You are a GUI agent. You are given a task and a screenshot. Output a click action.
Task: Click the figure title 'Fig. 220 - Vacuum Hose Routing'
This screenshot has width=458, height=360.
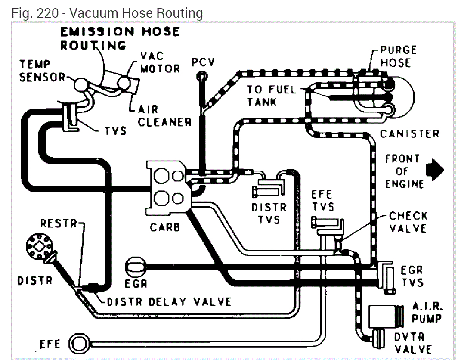point(107,12)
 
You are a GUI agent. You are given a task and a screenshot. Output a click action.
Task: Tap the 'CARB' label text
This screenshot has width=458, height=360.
point(164,227)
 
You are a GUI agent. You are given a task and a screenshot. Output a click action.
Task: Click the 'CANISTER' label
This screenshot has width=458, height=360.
point(409,133)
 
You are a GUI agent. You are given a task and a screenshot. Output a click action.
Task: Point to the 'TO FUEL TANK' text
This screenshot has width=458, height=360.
point(271,96)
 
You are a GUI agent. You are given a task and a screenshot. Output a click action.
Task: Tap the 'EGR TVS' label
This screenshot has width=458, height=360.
point(412,277)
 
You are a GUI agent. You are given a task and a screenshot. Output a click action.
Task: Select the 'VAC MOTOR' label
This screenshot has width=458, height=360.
point(160,63)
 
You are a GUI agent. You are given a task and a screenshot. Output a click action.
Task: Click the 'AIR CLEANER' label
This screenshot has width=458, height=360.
point(164,116)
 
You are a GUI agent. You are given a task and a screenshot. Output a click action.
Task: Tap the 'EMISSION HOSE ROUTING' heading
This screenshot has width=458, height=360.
point(119,38)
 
